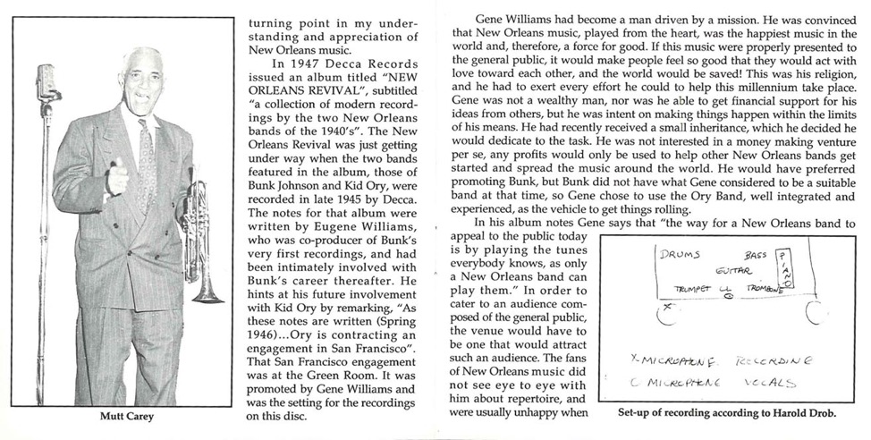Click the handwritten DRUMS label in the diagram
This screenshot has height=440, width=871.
click(x=681, y=254)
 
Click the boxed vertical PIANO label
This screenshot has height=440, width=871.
click(x=783, y=269)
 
